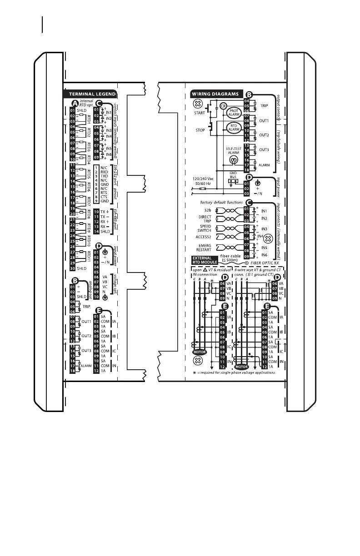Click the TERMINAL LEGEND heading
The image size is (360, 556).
coord(89,94)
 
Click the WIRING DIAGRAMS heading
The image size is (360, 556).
coord(215,94)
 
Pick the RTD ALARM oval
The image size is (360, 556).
coord(233,129)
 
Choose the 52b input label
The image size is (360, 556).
coord(208,210)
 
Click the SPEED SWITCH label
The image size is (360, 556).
coord(205,228)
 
